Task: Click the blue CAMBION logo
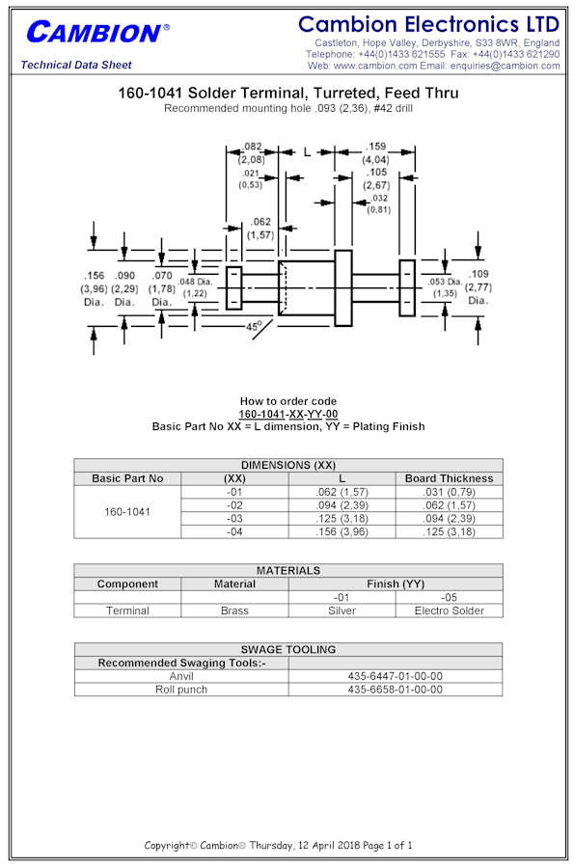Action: click(97, 33)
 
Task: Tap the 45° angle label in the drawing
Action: click(254, 326)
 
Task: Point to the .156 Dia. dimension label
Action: click(94, 288)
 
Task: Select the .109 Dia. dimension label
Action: click(478, 286)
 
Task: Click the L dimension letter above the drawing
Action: click(307, 152)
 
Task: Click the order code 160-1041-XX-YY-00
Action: click(288, 414)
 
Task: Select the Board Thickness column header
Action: click(449, 478)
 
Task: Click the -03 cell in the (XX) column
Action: click(234, 519)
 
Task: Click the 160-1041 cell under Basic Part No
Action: click(127, 512)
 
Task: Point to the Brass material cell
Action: click(234, 610)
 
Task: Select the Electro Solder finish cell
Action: click(449, 610)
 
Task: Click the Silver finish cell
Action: click(342, 610)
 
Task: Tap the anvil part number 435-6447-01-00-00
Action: click(396, 676)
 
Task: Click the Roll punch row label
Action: click(181, 690)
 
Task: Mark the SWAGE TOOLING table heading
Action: click(288, 649)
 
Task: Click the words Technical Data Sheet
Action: click(76, 65)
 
